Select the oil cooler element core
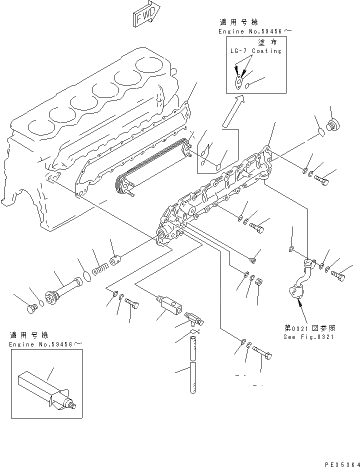[150, 165]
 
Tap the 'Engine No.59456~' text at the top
[254, 31]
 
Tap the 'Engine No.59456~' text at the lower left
[45, 344]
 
